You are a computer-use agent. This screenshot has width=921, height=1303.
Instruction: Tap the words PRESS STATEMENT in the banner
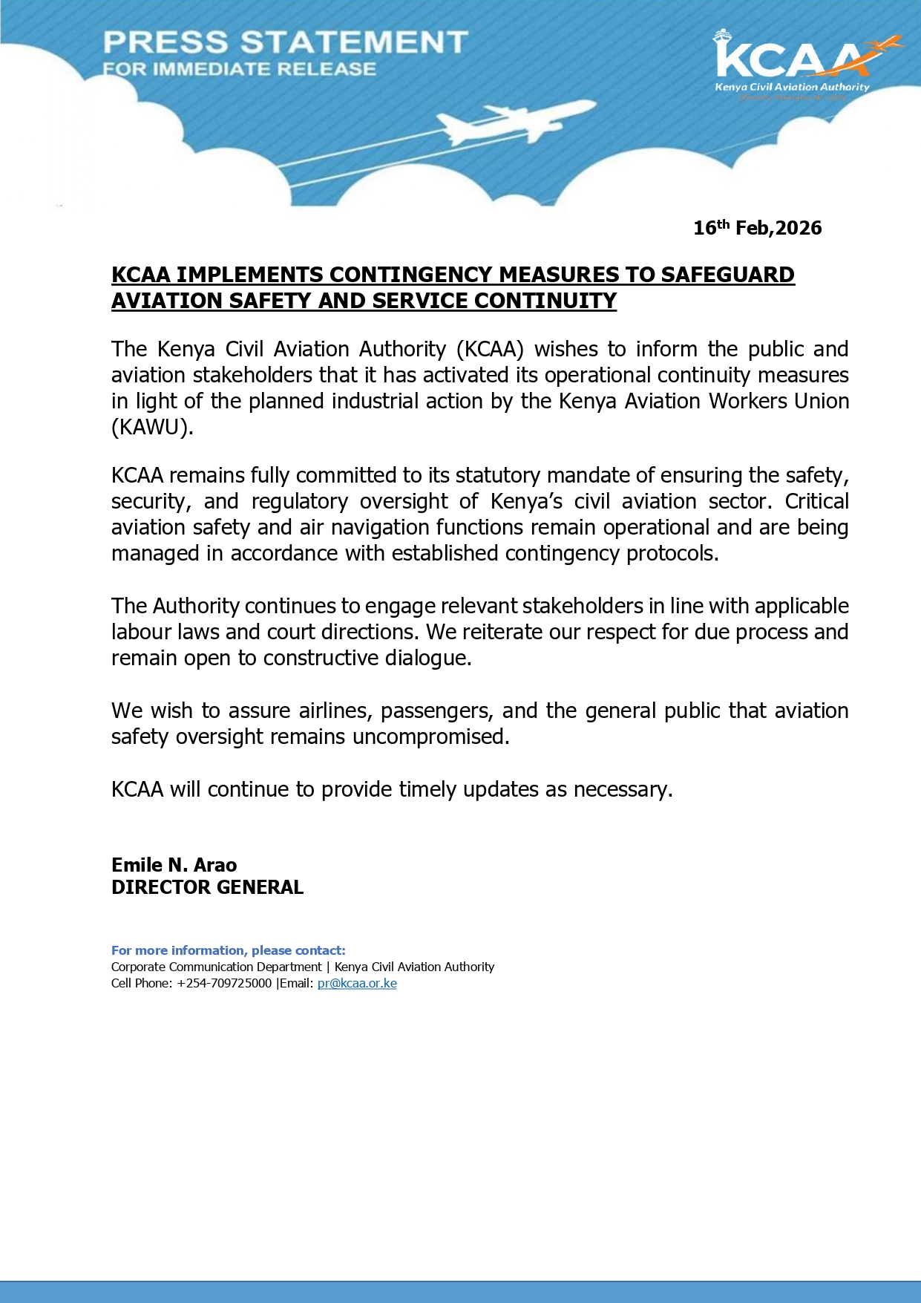tap(286, 42)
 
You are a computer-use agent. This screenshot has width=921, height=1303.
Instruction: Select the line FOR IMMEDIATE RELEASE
tap(240, 70)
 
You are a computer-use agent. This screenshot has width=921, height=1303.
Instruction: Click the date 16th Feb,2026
tap(757, 228)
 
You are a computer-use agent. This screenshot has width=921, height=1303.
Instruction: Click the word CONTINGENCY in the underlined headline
tap(412, 275)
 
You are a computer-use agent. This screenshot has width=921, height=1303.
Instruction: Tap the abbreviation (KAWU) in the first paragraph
tap(152, 428)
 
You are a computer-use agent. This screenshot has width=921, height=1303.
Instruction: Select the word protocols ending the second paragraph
tap(672, 554)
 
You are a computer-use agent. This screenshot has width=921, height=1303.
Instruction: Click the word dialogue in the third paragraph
tap(427, 659)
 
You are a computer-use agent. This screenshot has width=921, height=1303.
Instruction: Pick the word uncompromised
tap(430, 737)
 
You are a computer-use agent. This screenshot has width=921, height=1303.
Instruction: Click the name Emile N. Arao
tap(174, 865)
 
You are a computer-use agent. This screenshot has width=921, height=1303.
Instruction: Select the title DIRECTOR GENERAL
tap(207, 887)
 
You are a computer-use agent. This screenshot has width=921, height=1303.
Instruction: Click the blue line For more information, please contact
tap(228, 950)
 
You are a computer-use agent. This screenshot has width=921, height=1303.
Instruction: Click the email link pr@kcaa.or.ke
tap(357, 984)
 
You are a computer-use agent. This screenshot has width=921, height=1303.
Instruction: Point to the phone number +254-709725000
tap(224, 984)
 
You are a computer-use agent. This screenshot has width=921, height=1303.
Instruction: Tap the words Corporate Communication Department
tap(216, 967)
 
